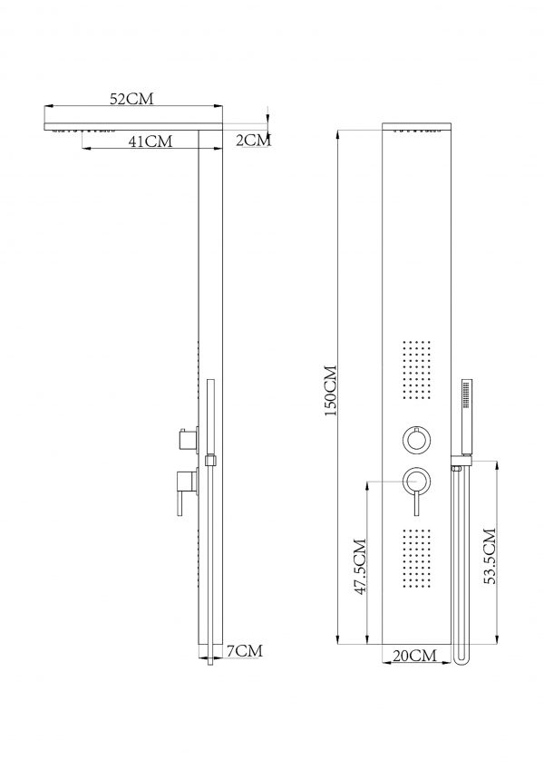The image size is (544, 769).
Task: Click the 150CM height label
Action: point(330,389)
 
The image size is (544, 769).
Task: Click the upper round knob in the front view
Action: point(416,440)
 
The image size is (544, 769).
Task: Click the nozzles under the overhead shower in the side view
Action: point(86,132)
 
